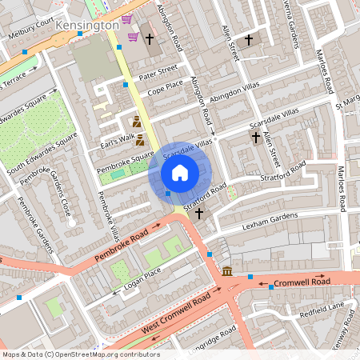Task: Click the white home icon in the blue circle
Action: point(180,172)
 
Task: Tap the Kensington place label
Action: point(87,26)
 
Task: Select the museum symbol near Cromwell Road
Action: point(228,271)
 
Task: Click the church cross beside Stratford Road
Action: point(199,214)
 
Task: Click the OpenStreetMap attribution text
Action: point(80,354)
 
